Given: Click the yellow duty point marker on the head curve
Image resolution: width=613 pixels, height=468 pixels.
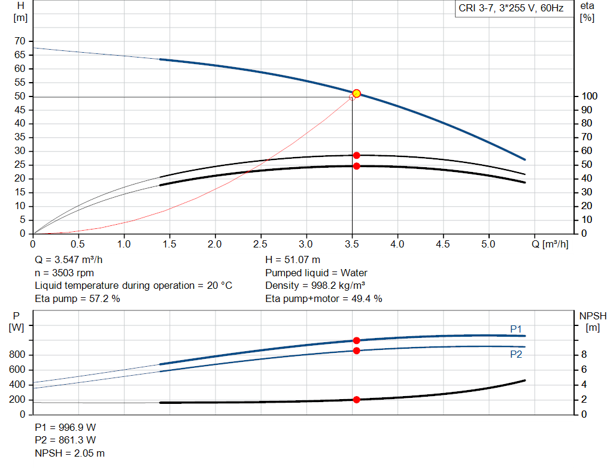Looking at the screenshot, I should click(356, 93).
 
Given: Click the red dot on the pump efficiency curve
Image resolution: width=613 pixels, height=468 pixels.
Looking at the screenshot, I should click(356, 155).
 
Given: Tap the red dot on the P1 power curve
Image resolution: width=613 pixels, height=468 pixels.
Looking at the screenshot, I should click(356, 340).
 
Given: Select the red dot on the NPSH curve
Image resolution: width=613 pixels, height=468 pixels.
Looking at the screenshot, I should click(356, 400).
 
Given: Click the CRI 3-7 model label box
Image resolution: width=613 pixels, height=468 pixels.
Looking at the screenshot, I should click(511, 8).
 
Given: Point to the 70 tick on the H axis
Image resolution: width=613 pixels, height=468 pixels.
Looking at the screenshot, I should click(20, 41).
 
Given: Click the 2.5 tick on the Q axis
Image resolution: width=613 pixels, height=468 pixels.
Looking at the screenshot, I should click(260, 244).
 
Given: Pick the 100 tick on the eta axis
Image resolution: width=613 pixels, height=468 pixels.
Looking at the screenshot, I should click(590, 96).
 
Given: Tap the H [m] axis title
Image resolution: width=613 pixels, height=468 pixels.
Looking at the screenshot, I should click(20, 11).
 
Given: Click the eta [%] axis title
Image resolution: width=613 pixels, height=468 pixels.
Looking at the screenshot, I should click(587, 11).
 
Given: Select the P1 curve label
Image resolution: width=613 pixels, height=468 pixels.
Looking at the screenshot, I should click(516, 328).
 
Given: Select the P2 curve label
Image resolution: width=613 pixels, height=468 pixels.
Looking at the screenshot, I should click(516, 354).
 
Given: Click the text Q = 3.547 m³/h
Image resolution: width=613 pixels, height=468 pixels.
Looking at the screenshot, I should click(73, 260).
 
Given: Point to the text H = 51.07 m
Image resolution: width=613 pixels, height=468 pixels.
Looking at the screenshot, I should click(293, 260).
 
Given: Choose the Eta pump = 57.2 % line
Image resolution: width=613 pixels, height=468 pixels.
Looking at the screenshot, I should click(78, 298).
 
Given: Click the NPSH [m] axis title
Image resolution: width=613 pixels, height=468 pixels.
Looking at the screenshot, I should click(593, 321).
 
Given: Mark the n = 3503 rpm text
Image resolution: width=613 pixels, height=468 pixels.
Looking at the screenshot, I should click(65, 273).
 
